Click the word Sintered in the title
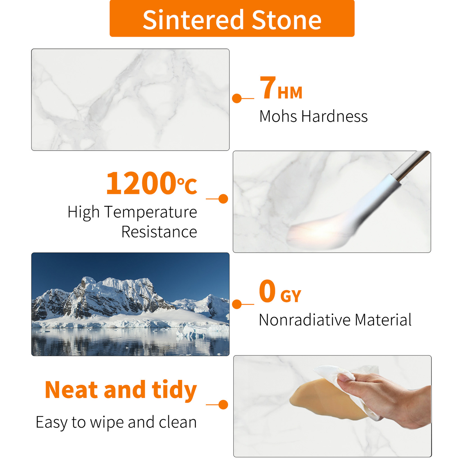click(x=193, y=20)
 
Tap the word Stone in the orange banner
click(x=286, y=20)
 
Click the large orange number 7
click(x=267, y=87)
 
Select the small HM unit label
click(x=290, y=93)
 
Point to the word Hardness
click(x=335, y=116)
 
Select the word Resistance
click(x=159, y=232)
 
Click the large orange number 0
click(x=267, y=291)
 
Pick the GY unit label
click(x=291, y=296)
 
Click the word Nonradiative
click(x=305, y=320)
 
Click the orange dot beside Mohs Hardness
click(x=237, y=99)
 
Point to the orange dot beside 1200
click(x=223, y=199)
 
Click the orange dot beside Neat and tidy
click(x=223, y=405)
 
